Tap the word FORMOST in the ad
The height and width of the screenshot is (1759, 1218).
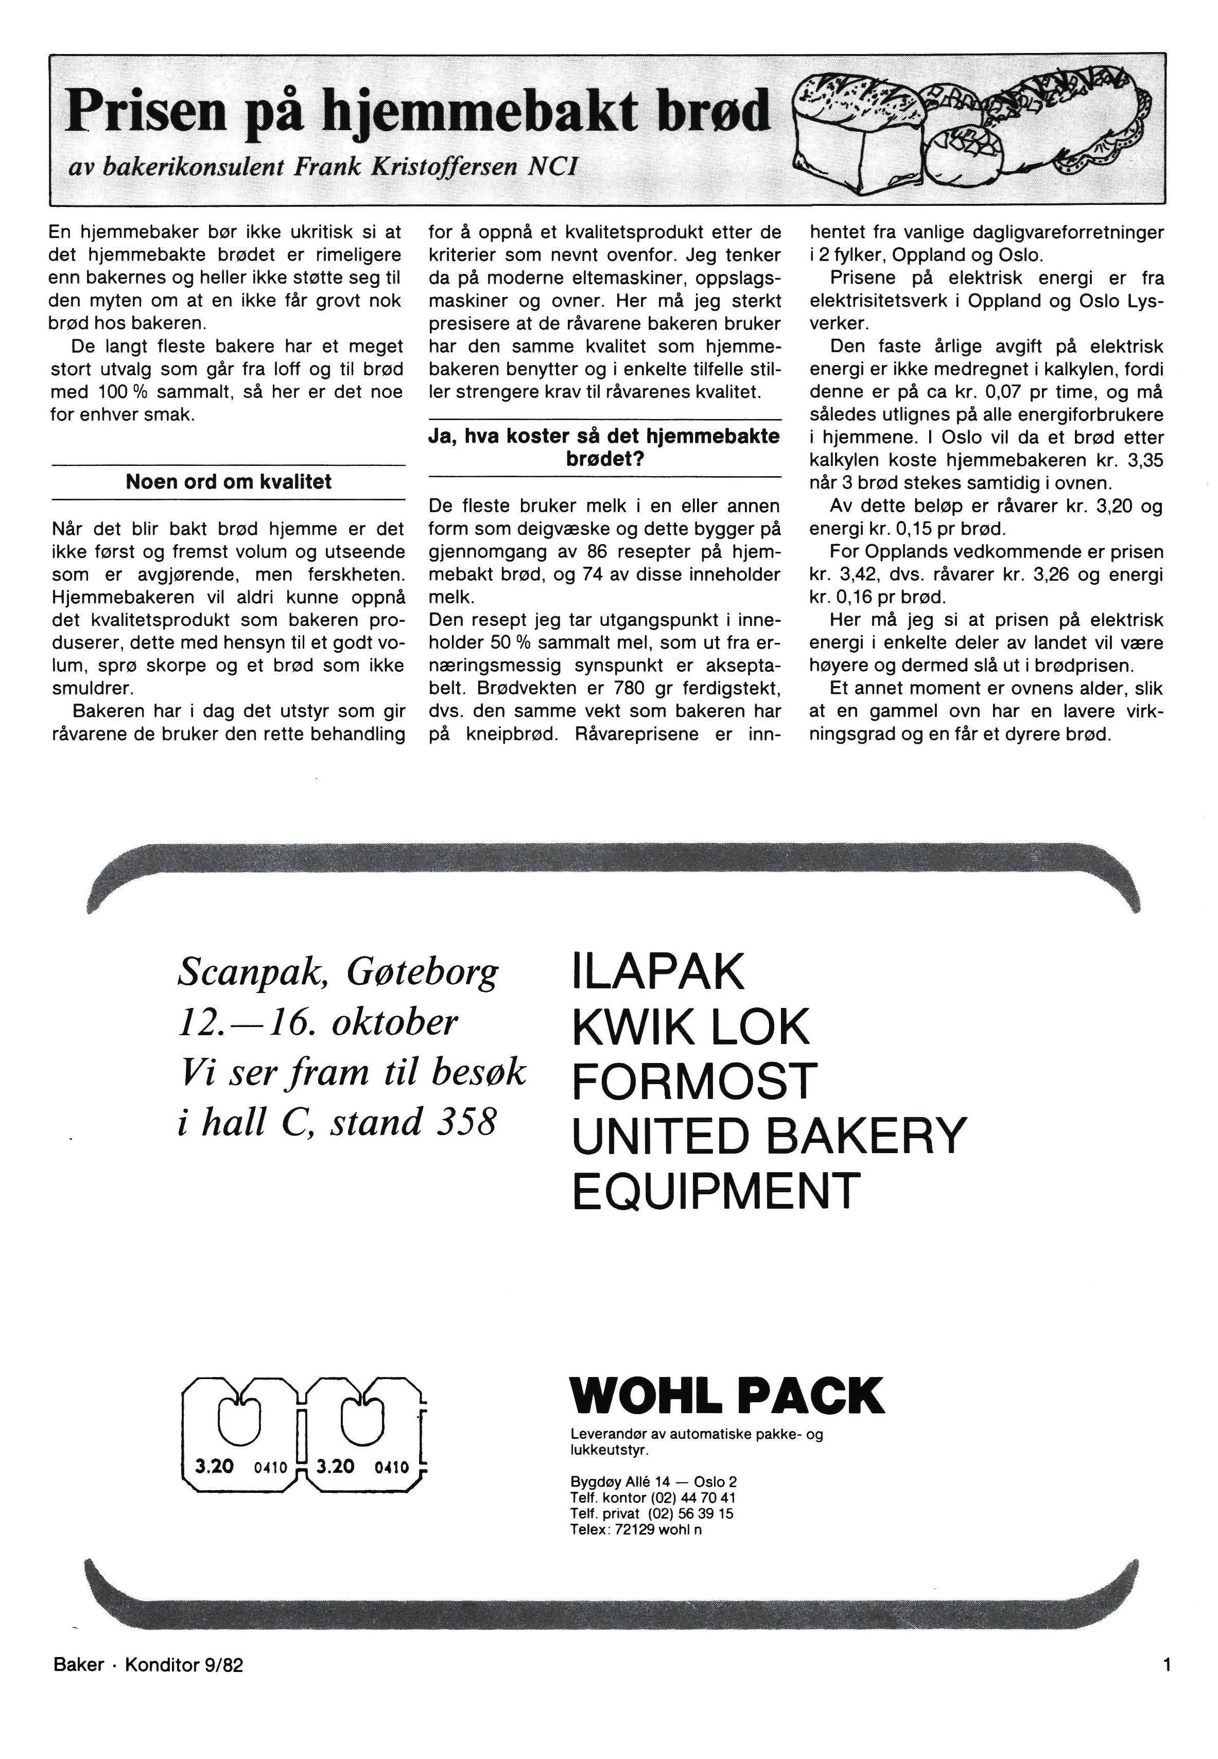[x=694, y=1082]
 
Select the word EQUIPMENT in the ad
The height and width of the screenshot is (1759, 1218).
[x=716, y=1191]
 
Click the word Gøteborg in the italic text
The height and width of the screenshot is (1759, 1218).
[x=422, y=972]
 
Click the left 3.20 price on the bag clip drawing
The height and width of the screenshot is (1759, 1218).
[x=215, y=1466]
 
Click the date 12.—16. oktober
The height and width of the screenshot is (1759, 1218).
[x=318, y=1022]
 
